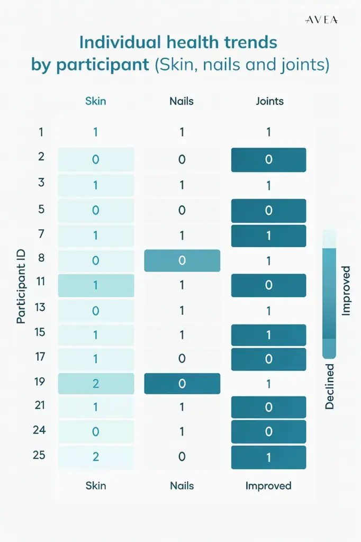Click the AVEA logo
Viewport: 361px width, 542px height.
322,20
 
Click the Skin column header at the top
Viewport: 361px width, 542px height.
96,101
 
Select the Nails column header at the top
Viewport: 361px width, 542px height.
182,101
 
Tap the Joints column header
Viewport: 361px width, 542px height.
269,101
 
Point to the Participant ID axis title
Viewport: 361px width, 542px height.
21,289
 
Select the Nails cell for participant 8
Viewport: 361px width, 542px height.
182,260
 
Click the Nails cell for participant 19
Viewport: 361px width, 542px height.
182,384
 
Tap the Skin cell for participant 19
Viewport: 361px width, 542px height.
96,384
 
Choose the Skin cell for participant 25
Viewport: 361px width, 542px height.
96,457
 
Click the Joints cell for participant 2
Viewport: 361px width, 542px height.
268,160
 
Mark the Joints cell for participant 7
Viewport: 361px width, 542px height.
268,236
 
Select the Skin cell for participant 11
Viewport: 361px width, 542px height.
96,285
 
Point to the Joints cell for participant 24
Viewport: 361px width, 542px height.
268,432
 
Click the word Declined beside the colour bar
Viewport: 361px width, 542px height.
330,386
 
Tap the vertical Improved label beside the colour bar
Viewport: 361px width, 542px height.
346,291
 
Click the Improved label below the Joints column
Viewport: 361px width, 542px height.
268,485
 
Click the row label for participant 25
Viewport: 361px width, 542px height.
39,455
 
